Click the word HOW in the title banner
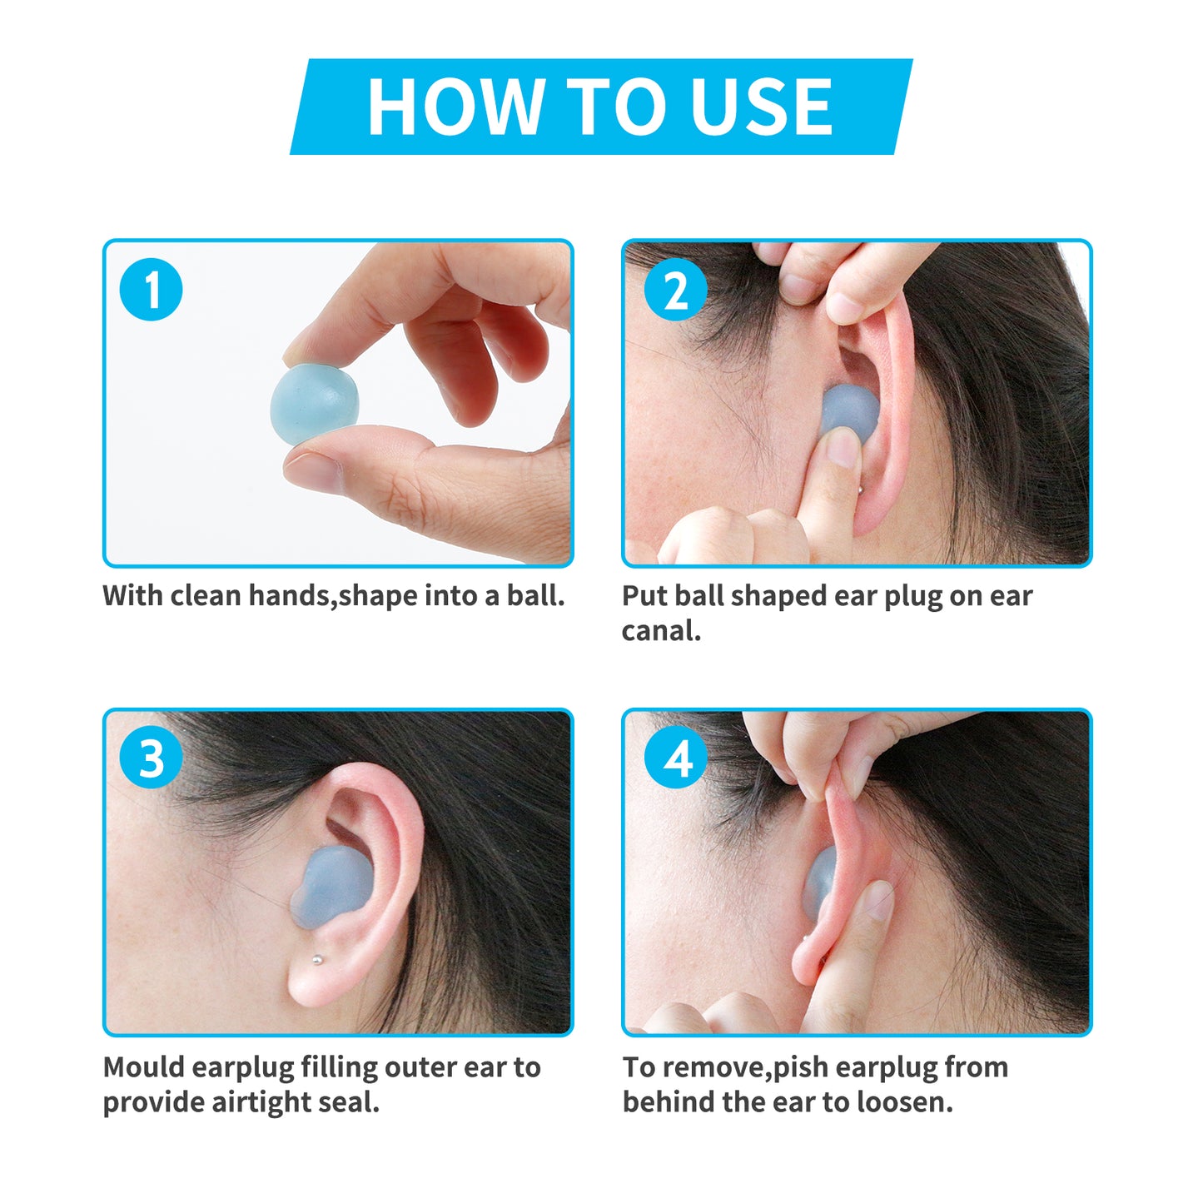coord(455,107)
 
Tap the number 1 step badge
coord(152,290)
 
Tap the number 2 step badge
coord(676,290)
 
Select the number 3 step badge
coord(152,758)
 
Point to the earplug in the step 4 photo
coord(819,882)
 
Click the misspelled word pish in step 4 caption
coord(801,1068)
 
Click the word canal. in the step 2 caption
coord(661,631)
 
